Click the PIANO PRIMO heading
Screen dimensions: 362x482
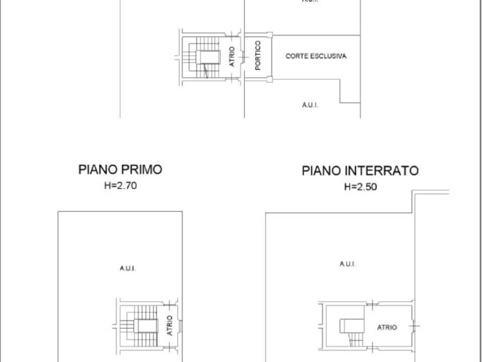point(120,169)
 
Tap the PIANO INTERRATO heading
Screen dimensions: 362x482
point(360,170)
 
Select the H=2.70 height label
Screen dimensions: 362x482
point(120,186)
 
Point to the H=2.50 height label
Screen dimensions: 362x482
point(361,187)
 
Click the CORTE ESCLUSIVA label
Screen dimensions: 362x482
point(316,56)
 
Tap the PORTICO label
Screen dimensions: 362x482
point(258,56)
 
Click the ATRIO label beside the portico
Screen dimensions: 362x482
point(232,56)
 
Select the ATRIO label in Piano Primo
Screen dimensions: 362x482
point(169,325)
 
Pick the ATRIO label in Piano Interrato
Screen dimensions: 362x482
point(387,327)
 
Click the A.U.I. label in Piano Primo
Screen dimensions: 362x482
point(128,269)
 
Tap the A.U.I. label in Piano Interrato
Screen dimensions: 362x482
point(347,264)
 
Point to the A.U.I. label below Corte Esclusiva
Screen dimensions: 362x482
point(310,105)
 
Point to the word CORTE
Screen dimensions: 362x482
point(295,56)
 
